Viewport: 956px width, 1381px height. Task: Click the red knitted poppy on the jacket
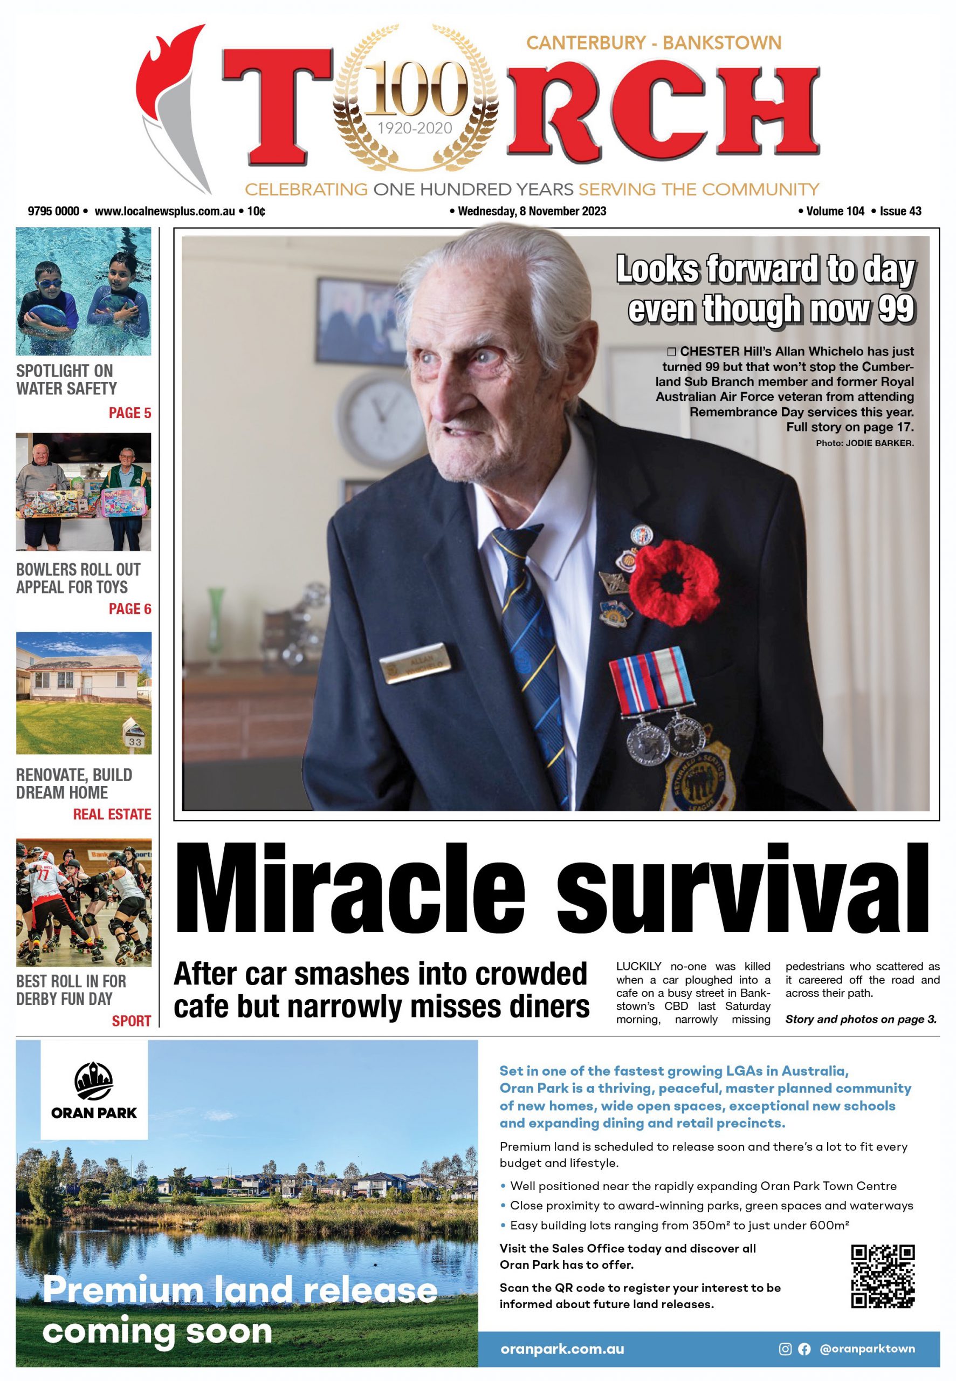click(673, 580)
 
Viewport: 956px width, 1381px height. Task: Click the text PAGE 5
click(129, 413)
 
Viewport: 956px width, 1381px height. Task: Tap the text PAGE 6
click(129, 609)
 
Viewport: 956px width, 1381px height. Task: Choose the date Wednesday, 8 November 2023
click(531, 211)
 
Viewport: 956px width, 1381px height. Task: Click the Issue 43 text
click(900, 211)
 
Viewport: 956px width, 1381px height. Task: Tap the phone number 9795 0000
click(53, 211)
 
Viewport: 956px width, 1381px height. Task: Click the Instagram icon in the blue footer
click(785, 1349)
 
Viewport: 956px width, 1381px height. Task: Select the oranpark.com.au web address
click(562, 1349)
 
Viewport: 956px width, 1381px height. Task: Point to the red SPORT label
click(131, 1021)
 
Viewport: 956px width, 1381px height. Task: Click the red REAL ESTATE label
click(112, 814)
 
